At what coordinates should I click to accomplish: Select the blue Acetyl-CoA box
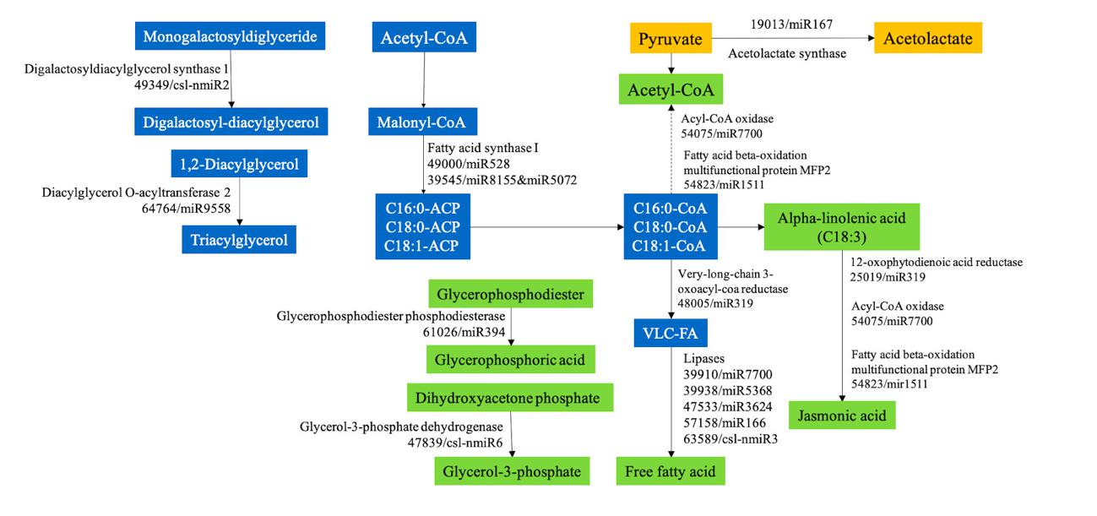pyautogui.click(x=423, y=38)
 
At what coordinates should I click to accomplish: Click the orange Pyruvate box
pyautogui.click(x=671, y=39)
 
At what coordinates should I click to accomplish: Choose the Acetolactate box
pyautogui.click(x=927, y=39)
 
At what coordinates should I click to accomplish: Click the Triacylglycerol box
pyautogui.click(x=237, y=240)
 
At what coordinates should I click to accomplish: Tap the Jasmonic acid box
pyautogui.click(x=841, y=416)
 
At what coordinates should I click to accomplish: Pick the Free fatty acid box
pyautogui.click(x=671, y=471)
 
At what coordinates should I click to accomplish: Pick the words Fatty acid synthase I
pyautogui.click(x=483, y=148)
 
